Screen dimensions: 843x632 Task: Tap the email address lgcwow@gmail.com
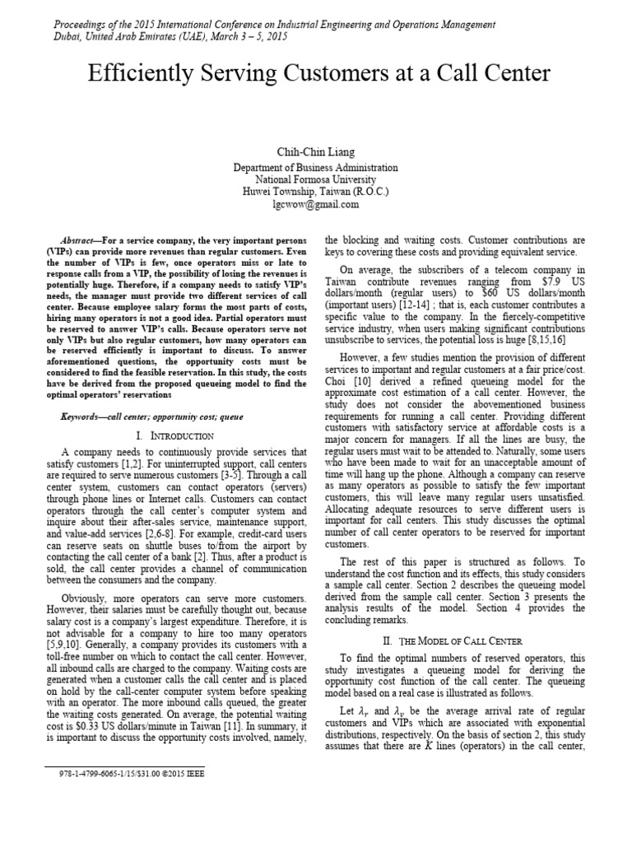[x=316, y=204]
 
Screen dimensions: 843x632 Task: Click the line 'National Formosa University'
[x=316, y=179]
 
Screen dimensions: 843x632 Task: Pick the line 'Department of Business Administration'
[x=316, y=167]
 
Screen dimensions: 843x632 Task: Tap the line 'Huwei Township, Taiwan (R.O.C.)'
[x=316, y=192]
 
